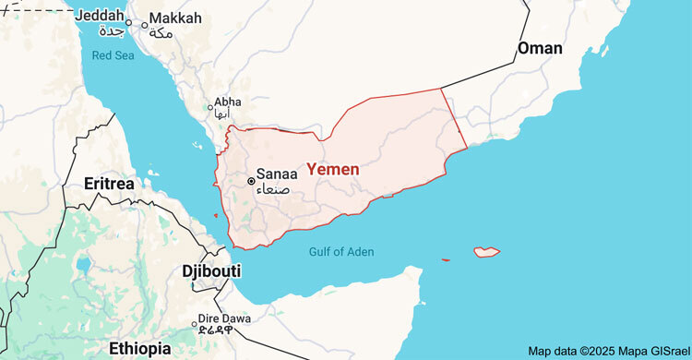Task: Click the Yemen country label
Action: (332, 170)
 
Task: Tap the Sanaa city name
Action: (277, 174)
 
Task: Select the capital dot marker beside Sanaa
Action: (251, 181)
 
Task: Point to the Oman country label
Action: (541, 48)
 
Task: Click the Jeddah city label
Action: (98, 16)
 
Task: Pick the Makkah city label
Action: (174, 18)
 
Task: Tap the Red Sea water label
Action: (114, 55)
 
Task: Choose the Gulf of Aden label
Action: (341, 251)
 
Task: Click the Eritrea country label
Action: (109, 184)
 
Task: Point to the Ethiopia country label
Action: (139, 348)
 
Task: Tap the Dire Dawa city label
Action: (225, 318)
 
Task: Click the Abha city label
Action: (227, 102)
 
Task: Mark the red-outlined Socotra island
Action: (486, 251)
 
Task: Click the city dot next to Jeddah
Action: (129, 22)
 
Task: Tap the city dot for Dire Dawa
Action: (194, 324)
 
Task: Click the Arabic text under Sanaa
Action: (276, 188)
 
